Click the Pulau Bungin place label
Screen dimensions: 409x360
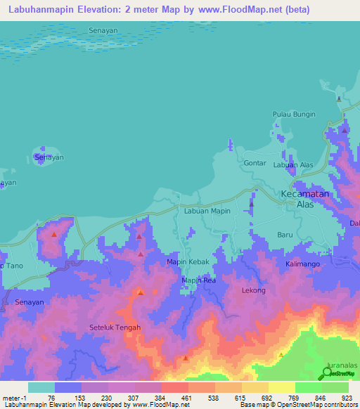(294, 114)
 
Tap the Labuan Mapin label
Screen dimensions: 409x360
(207, 211)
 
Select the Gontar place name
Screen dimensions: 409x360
(255, 163)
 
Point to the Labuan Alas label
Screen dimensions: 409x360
(293, 165)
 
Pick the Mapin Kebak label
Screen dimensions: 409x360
(186, 262)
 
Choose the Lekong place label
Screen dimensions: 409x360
(254, 290)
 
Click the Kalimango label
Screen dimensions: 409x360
(303, 264)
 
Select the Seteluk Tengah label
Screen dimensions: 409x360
(115, 327)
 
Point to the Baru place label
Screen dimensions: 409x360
(285, 235)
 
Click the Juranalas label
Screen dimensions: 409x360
(342, 366)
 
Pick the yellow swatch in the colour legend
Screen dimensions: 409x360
(282, 387)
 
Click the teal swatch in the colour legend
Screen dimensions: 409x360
(41, 387)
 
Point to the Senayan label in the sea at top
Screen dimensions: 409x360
(103, 31)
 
